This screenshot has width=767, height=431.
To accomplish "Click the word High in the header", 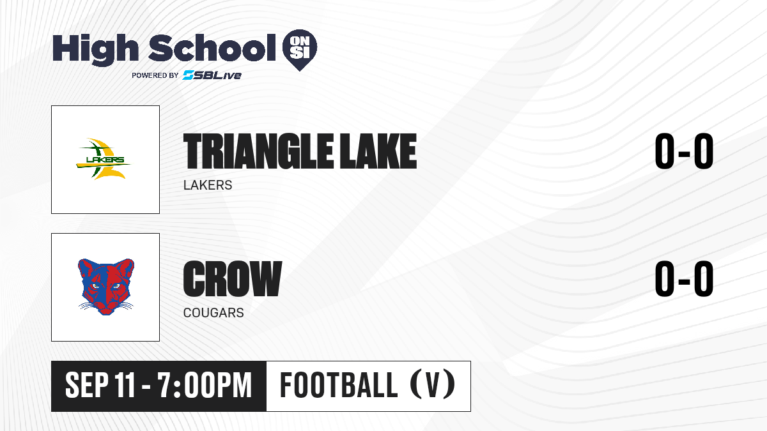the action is [x=95, y=49].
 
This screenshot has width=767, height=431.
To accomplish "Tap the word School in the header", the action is [x=212, y=48].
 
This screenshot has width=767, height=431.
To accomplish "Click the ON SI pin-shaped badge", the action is [x=300, y=50].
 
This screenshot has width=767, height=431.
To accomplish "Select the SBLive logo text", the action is [x=212, y=75].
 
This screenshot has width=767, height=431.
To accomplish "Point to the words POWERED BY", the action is [x=155, y=75].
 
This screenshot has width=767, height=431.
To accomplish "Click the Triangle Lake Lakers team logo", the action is [x=103, y=159].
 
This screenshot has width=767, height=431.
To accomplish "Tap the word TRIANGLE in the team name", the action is [x=258, y=151].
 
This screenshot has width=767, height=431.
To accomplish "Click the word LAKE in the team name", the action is [x=378, y=151].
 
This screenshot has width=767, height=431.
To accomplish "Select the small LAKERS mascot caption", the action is [x=208, y=185].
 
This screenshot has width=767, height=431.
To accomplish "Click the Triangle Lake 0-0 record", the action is [x=684, y=151].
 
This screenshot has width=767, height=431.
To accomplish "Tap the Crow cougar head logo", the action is [x=106, y=287].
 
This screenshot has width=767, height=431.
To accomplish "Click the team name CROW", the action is [x=233, y=279].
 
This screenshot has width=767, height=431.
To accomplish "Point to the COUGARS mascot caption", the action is [x=213, y=313].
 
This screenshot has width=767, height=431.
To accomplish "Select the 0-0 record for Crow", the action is [x=684, y=278].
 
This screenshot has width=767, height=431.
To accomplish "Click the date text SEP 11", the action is [x=100, y=386].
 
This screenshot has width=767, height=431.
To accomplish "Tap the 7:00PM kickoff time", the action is [x=205, y=386].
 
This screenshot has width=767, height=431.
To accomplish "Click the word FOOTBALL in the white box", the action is [x=339, y=385].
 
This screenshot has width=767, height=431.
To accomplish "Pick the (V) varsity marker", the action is [x=432, y=385].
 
